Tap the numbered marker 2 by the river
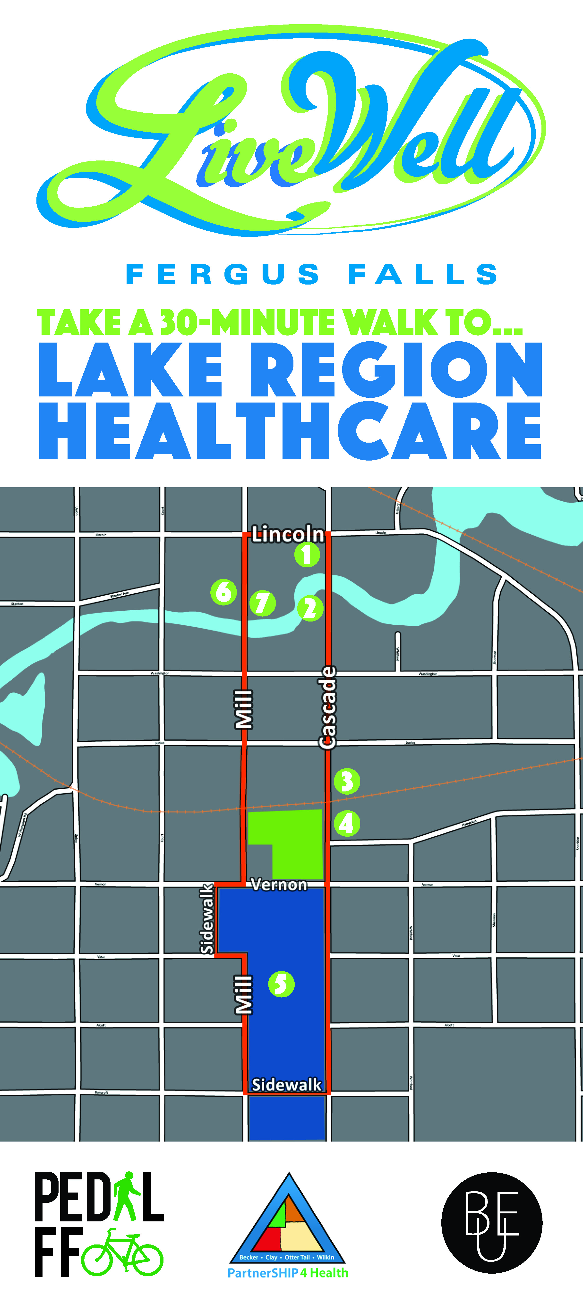pyautogui.click(x=310, y=608)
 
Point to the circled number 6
pyautogui.click(x=223, y=592)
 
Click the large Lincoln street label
pyautogui.click(x=288, y=534)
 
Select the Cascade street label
pyautogui.click(x=328, y=707)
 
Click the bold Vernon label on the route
pyautogui.click(x=279, y=884)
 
